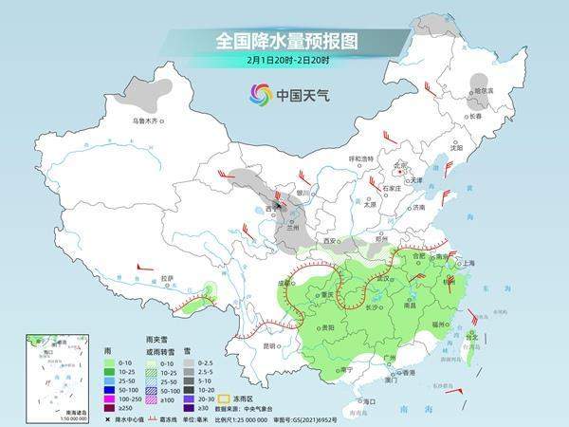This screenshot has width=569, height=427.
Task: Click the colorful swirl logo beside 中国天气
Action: click(x=260, y=94)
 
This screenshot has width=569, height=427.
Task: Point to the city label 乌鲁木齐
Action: click(x=148, y=121)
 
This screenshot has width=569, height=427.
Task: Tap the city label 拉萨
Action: click(x=168, y=278)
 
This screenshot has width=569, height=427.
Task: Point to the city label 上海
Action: click(x=466, y=262)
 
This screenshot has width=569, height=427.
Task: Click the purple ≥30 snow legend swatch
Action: click(x=190, y=408)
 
